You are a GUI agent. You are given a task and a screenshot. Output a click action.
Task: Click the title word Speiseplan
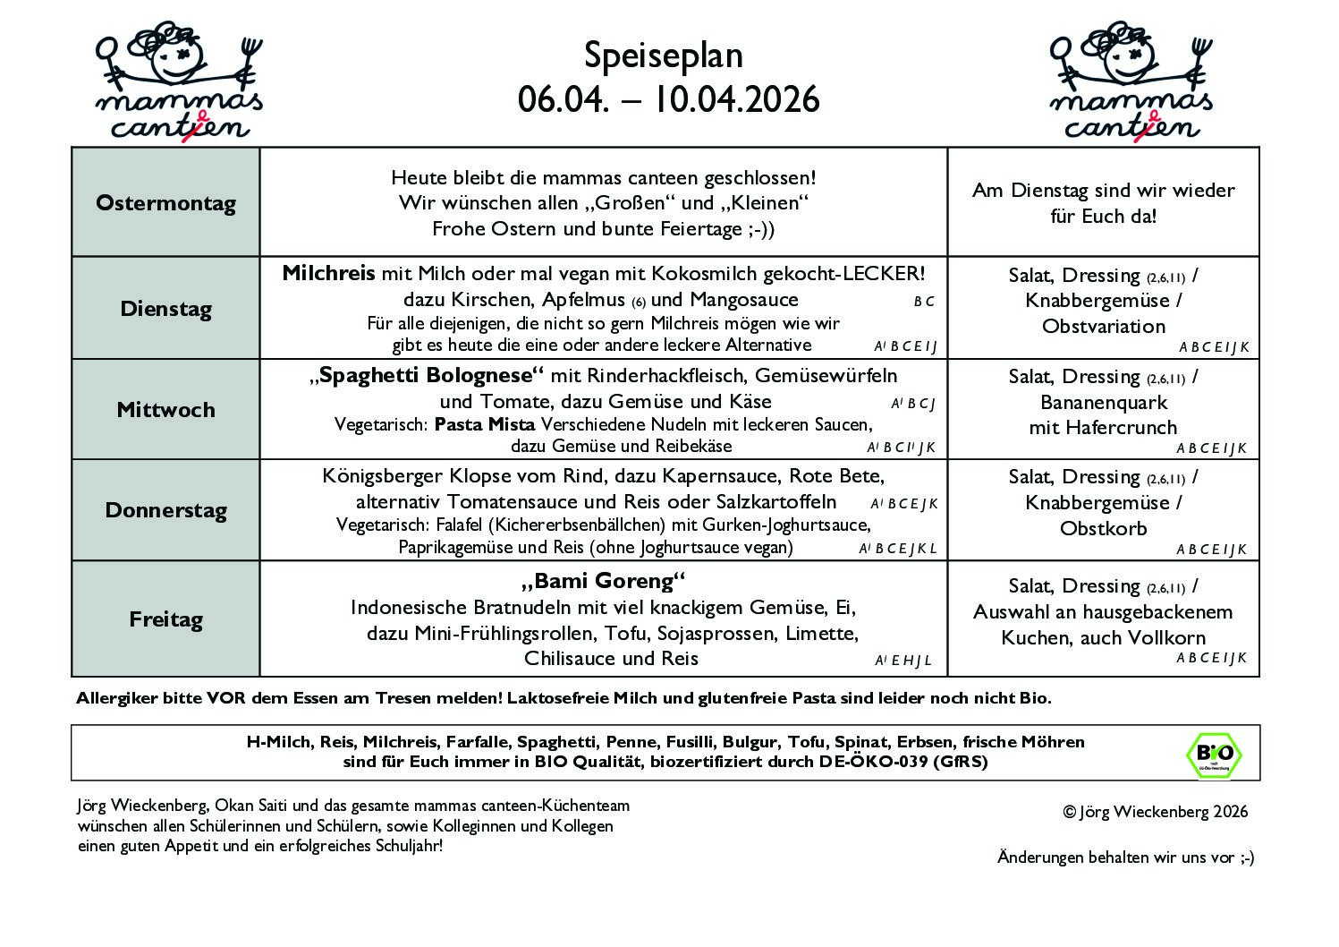click(x=664, y=55)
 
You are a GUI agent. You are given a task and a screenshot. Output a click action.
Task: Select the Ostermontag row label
click(x=165, y=203)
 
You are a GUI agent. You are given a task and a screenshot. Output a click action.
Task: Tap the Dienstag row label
click(x=165, y=310)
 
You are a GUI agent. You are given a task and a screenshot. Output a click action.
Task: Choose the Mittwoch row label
click(x=165, y=410)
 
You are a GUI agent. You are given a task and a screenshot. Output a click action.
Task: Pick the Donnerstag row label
click(x=165, y=511)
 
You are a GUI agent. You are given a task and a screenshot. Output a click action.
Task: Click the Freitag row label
click(x=165, y=619)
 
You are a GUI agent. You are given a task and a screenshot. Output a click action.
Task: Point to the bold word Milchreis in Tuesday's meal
click(x=328, y=273)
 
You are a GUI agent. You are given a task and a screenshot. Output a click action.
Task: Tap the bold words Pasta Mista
click(x=484, y=424)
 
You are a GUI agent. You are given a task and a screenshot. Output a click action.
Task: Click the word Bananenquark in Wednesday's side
click(x=1104, y=402)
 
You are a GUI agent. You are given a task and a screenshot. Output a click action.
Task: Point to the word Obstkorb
click(x=1104, y=528)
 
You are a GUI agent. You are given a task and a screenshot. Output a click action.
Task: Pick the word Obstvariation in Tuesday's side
click(x=1104, y=326)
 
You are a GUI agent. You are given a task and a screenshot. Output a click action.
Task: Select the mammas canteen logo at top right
click(x=1131, y=81)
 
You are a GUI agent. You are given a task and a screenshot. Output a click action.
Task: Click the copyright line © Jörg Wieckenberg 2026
click(x=1155, y=812)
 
